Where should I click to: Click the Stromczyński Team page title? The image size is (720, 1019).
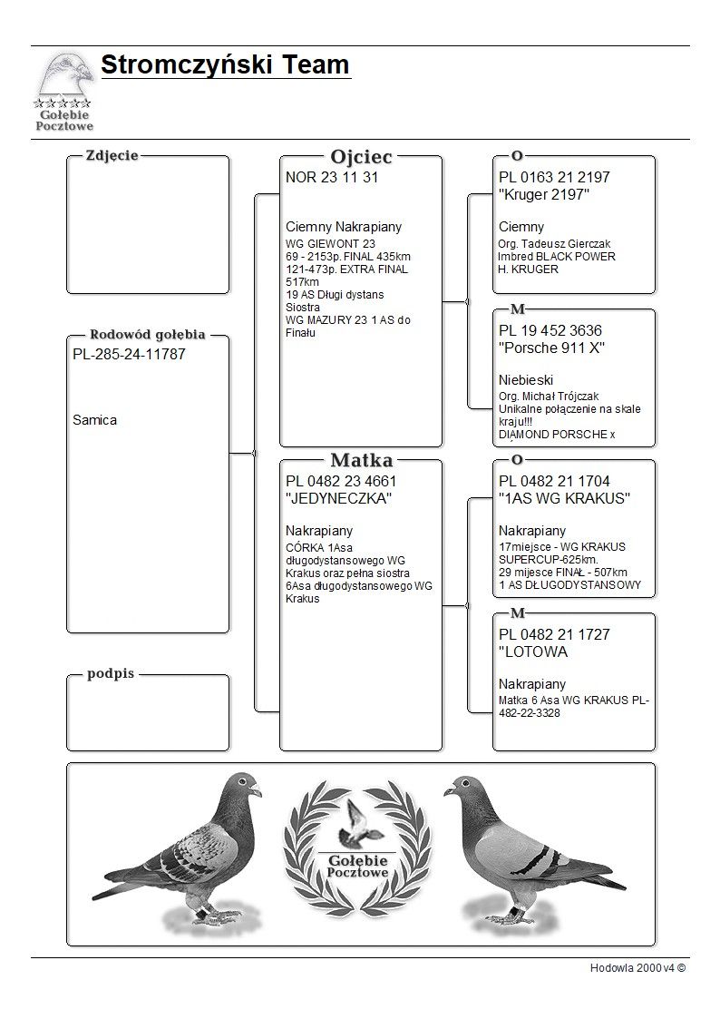225,65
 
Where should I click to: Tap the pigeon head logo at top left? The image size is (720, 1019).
64,76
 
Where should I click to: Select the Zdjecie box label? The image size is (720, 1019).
112,155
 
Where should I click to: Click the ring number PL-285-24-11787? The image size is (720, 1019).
129,354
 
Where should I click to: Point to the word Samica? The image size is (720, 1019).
94,420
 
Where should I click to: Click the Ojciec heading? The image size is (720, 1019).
361,156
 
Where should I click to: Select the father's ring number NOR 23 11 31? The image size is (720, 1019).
332,177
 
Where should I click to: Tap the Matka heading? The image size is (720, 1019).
361,460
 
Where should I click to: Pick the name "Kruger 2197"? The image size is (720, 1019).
544,195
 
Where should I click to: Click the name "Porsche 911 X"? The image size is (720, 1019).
551,348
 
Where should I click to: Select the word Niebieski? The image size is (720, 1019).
526,379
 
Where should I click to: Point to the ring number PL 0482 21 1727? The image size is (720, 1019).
554,634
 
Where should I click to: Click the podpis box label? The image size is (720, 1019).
111,674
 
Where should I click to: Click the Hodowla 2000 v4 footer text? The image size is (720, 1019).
637,968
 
